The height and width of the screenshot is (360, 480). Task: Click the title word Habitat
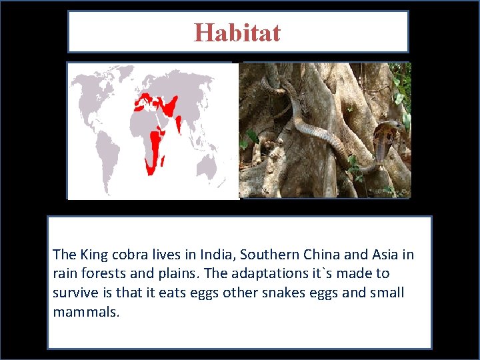[x=237, y=32]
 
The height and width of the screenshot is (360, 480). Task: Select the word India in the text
[x=217, y=254]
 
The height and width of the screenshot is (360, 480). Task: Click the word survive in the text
[x=74, y=293]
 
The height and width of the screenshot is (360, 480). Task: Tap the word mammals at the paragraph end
[x=85, y=312]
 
